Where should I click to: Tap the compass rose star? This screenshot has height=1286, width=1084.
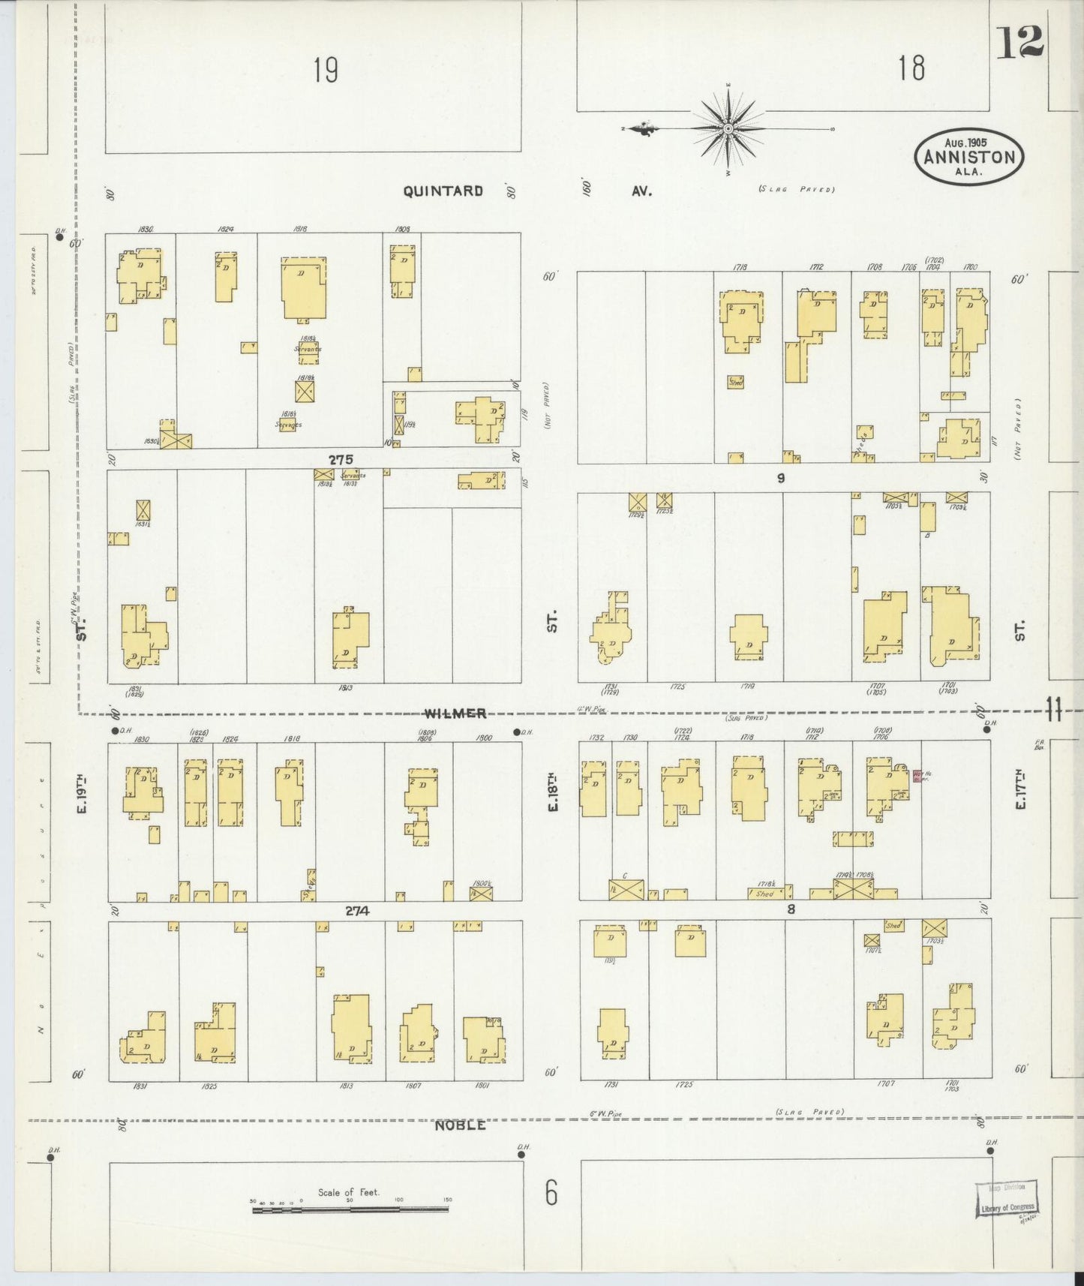(x=728, y=129)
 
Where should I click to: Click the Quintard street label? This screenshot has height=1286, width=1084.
(x=443, y=191)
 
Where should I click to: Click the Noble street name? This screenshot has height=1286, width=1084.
(x=461, y=1125)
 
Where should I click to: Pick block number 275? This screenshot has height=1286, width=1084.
(x=340, y=458)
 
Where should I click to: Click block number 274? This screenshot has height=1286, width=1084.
(x=357, y=911)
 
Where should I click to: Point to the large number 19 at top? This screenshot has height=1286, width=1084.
(x=326, y=71)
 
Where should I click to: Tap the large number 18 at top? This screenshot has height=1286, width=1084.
(x=911, y=69)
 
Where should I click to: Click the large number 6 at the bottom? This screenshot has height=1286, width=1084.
(x=551, y=1192)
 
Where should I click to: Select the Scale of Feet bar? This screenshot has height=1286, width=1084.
(x=351, y=1209)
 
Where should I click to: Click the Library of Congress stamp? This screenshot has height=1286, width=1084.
(x=1007, y=1206)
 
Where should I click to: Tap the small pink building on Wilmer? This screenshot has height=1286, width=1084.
(x=916, y=777)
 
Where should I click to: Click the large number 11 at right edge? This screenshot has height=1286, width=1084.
(x=1054, y=709)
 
